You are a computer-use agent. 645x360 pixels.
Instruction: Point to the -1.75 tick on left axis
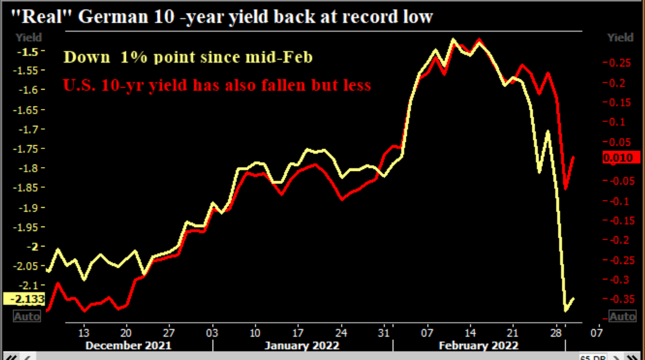click(26, 148)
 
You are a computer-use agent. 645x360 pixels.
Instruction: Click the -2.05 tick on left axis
click(26, 266)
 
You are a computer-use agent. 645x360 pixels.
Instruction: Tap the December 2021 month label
click(128, 345)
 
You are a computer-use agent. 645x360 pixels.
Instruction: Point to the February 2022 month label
click(478, 345)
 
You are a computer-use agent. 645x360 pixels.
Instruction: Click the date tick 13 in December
click(83, 333)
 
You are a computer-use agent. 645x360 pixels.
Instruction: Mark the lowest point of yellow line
click(566, 311)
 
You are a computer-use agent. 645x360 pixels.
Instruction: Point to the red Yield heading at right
click(620, 37)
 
